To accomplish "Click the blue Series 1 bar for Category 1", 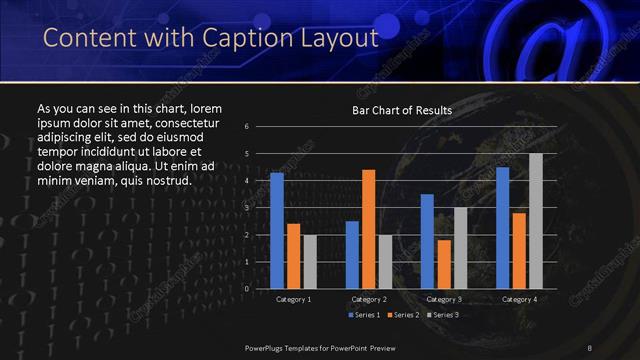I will coord(277,231).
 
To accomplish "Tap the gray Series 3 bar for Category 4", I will coord(535,221).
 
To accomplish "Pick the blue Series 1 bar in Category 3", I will coord(427,241).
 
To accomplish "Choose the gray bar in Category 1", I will coord(310,262).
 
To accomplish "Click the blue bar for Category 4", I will coord(502,227).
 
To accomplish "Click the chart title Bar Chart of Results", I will coord(402,110).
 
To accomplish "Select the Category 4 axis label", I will coord(518,299).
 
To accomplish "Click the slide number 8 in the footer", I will coord(590,347).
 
